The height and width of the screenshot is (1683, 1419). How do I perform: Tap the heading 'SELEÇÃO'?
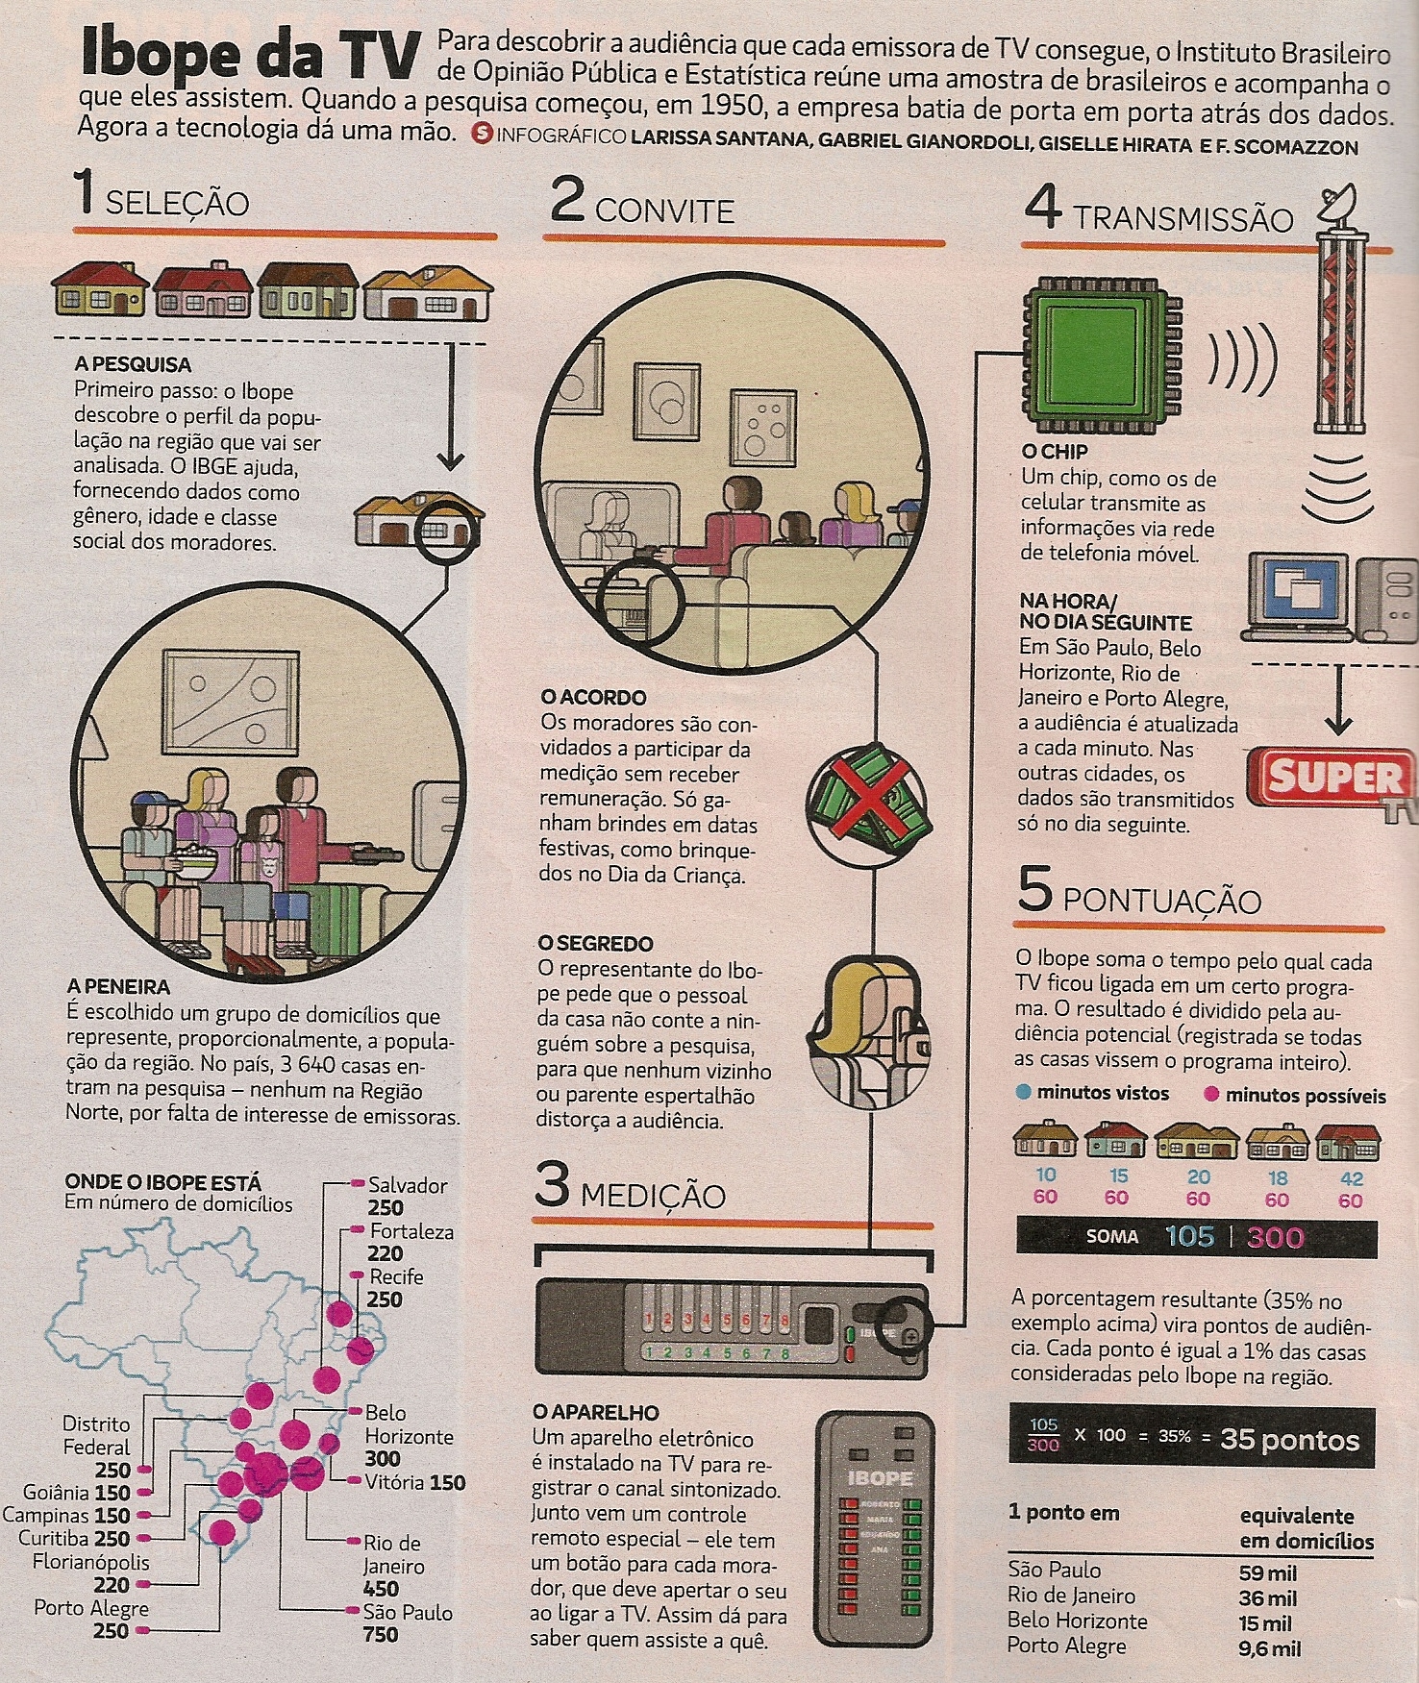pyautogui.click(x=177, y=204)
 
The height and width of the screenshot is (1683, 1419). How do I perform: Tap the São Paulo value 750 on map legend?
pyautogui.click(x=381, y=1634)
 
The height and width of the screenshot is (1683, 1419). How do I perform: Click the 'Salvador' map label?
pyautogui.click(x=408, y=1185)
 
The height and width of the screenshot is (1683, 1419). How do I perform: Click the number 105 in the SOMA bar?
pyautogui.click(x=1190, y=1236)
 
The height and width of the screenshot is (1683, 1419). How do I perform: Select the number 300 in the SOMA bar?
pyautogui.click(x=1276, y=1237)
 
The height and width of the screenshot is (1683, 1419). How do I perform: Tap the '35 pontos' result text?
pyautogui.click(x=1290, y=1440)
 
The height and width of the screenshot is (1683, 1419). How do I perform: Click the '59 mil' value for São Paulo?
pyautogui.click(x=1267, y=1573)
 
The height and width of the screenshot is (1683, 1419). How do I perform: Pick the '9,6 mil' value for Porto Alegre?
pyautogui.click(x=1270, y=1649)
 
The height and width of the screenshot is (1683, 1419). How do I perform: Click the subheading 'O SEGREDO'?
pyautogui.click(x=596, y=944)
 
